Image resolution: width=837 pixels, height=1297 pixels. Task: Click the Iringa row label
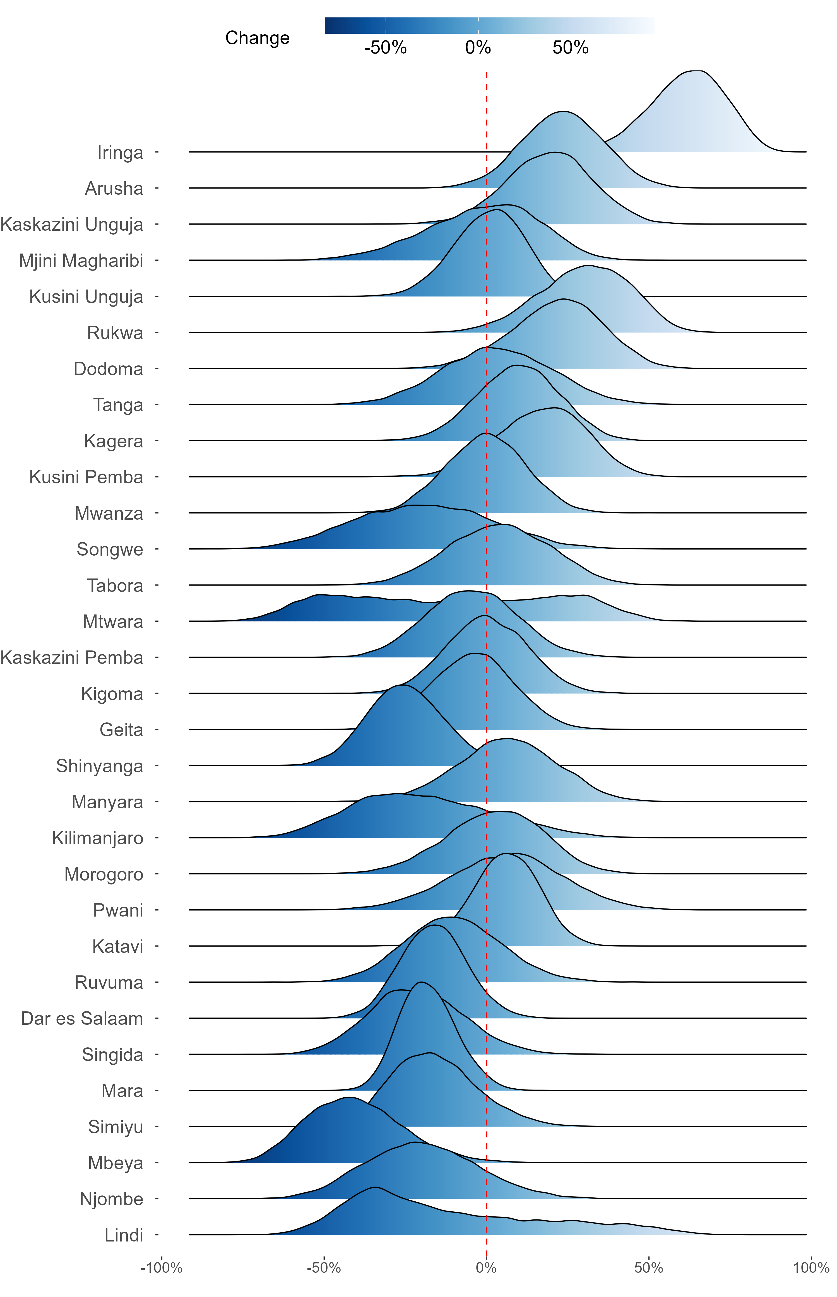[120, 153]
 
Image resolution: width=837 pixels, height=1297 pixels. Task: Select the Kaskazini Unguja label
[72, 225]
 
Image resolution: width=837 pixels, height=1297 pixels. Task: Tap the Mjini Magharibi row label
[81, 261]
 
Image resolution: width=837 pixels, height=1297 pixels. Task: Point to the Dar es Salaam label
[82, 1018]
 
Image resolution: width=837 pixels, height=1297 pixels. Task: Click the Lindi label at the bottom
[124, 1235]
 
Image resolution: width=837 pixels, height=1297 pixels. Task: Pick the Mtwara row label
[113, 622]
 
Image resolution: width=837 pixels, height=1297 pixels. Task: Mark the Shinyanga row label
[99, 766]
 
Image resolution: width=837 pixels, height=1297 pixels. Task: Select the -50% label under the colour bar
[385, 48]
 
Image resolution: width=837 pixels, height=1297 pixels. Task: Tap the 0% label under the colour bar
[478, 48]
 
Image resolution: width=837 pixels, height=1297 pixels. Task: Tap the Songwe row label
[110, 549]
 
